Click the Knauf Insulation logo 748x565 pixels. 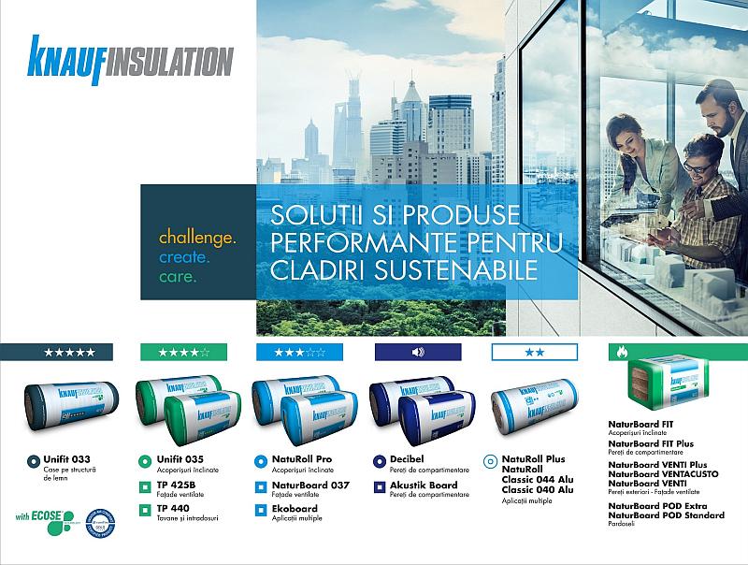coord(130,57)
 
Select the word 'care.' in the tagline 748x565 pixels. coord(179,278)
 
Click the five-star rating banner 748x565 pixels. coord(69,352)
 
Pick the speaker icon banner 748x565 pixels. coord(417,352)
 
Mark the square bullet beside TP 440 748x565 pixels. coord(145,509)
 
